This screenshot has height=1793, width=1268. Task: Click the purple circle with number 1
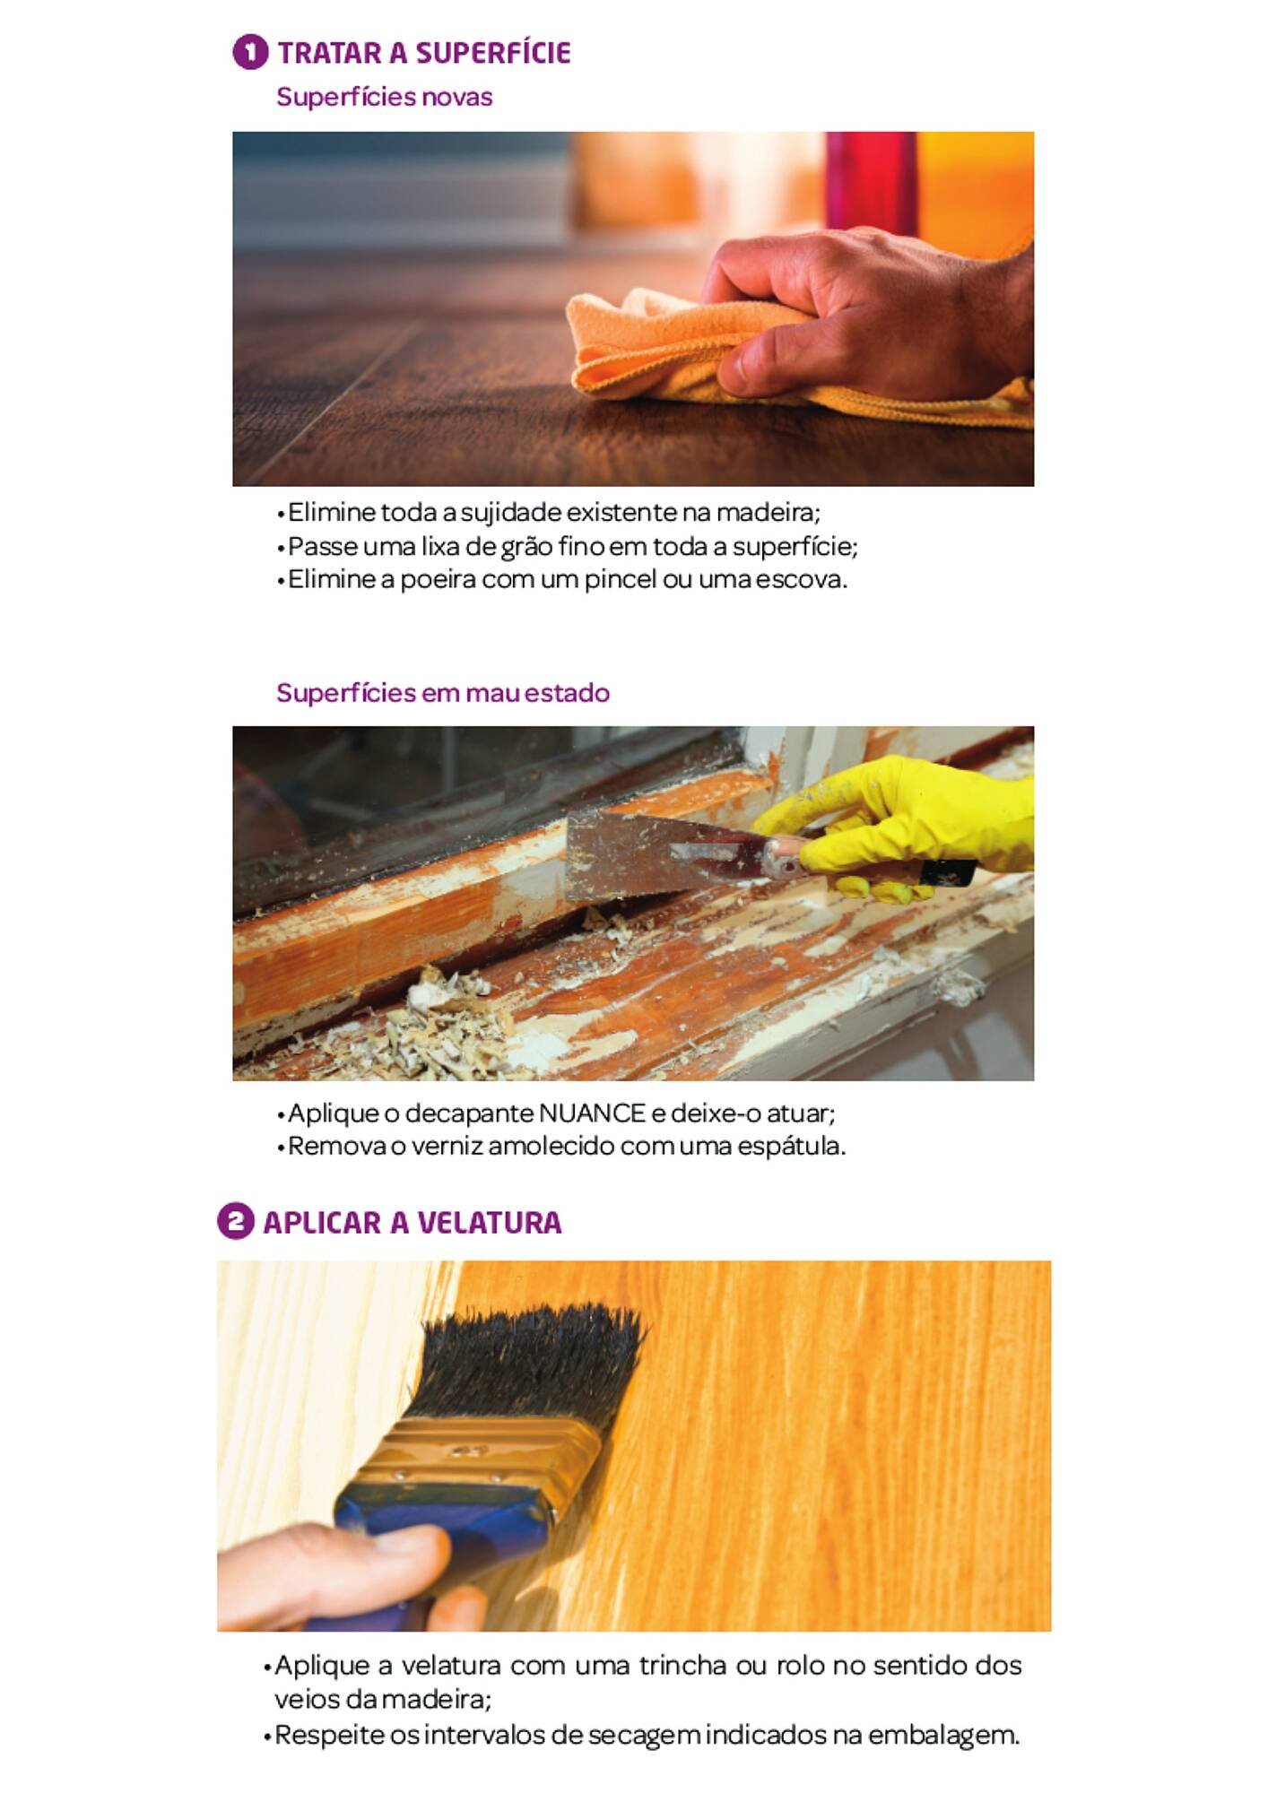[x=250, y=52]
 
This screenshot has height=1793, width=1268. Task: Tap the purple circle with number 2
[x=235, y=1221]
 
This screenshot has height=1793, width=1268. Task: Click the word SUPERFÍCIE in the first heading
[x=492, y=53]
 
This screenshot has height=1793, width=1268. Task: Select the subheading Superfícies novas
[x=384, y=97]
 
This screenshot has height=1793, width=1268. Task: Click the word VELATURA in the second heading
[x=489, y=1223]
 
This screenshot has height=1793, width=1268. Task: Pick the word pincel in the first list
[x=621, y=580]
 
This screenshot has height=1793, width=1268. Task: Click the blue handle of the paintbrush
[x=430, y=1524]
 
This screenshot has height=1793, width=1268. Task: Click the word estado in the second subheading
[x=567, y=693]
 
